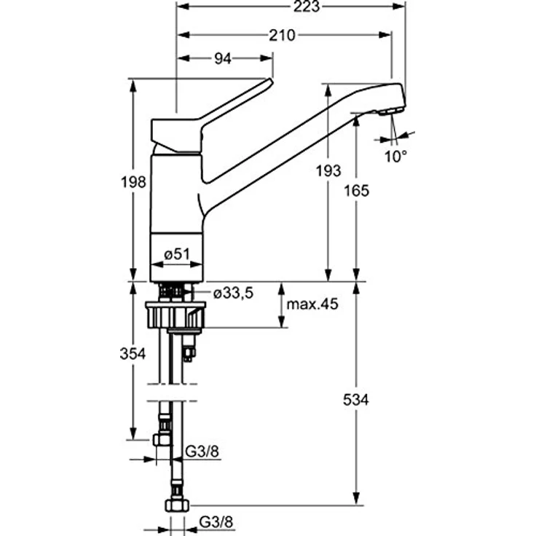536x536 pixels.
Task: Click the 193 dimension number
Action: tap(329, 171)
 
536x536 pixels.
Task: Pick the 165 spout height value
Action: tap(358, 191)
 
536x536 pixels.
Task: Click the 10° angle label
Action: tap(395, 156)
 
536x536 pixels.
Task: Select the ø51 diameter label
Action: tap(176, 253)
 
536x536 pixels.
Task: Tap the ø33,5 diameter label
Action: tap(233, 293)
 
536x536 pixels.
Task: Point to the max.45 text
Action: tap(312, 304)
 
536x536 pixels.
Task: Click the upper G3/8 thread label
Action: tap(201, 452)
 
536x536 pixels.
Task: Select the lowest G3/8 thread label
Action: tap(216, 522)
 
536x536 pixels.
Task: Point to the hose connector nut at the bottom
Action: tap(177, 505)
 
